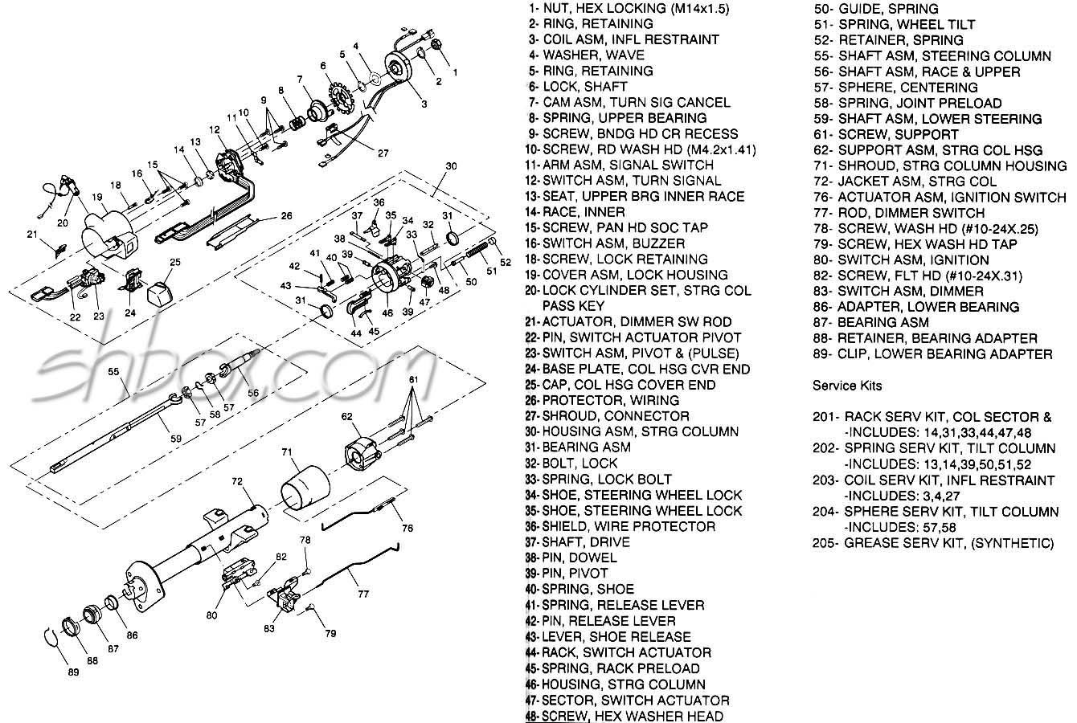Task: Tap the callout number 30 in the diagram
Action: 451,166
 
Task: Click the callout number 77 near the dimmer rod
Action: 363,594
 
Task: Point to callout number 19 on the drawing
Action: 97,196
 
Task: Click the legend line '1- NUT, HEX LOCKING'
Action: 629,8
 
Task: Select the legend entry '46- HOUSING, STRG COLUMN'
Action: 616,684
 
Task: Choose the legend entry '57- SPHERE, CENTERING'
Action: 895,87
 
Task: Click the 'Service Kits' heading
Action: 847,386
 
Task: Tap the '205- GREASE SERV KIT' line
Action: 933,543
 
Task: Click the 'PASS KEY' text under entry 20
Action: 574,306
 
